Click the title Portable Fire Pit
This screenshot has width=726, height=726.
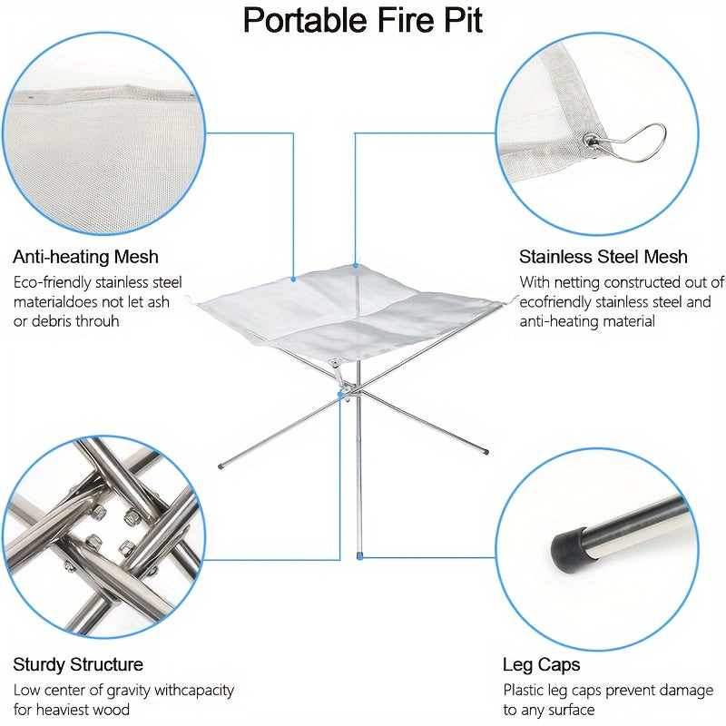[362, 21]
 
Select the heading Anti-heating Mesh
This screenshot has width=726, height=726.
[85, 257]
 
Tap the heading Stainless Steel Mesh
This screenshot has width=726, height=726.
[603, 257]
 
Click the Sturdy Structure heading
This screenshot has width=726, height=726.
[78, 665]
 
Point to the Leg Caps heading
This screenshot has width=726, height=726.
[541, 665]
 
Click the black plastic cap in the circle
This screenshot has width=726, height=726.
[568, 546]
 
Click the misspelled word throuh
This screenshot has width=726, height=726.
[97, 321]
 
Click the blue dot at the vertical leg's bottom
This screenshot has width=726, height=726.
[359, 556]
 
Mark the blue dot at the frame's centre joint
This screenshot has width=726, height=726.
[341, 394]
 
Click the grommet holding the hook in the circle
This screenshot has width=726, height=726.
[591, 140]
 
